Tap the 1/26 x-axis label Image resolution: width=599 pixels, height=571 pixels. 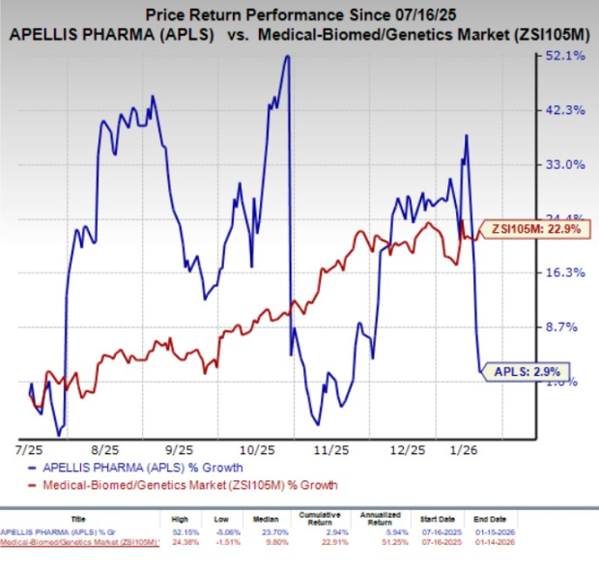[468, 449]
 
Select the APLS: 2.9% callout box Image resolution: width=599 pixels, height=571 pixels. [530, 369]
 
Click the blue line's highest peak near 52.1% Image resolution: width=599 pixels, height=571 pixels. [288, 56]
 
